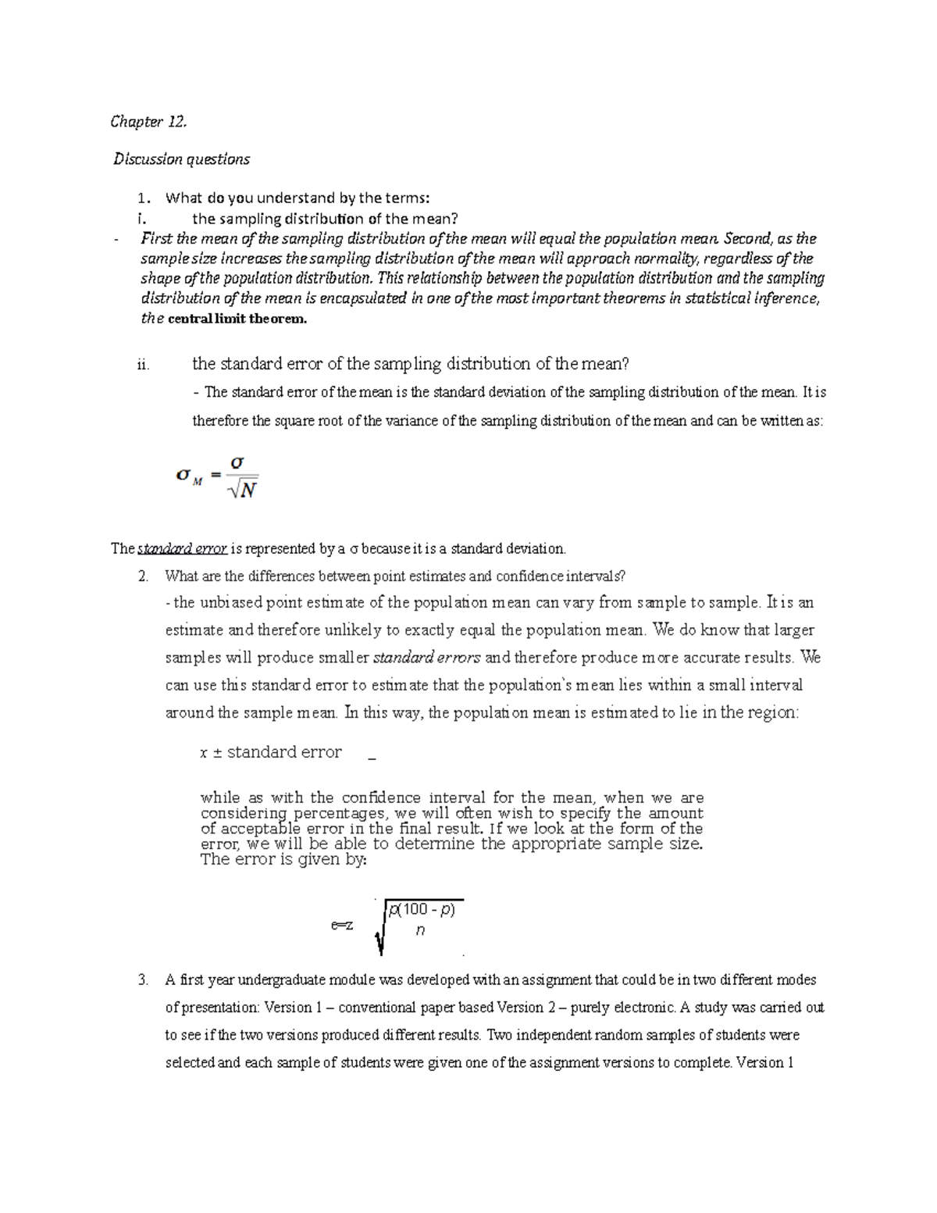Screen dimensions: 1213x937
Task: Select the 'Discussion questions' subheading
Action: (x=181, y=159)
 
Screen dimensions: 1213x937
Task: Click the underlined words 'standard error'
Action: (x=182, y=549)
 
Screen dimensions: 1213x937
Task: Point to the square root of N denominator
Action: (x=241, y=491)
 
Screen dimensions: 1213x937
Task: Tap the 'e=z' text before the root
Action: (x=342, y=926)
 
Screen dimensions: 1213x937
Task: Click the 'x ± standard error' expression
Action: (x=271, y=752)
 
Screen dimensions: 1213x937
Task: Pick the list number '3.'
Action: (x=142, y=980)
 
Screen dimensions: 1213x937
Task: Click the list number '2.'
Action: (x=142, y=577)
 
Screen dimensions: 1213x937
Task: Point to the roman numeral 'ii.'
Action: (x=142, y=364)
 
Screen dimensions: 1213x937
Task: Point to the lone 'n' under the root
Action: (x=421, y=930)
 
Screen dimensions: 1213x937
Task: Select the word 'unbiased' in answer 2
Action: (x=227, y=602)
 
